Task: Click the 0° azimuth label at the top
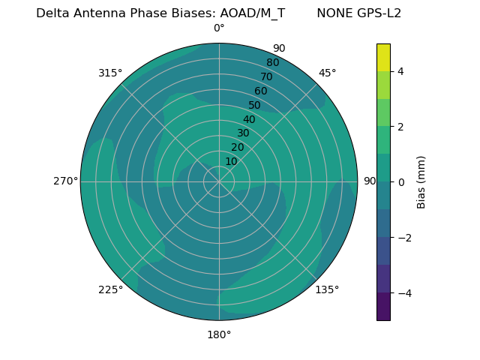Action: pos(219,28)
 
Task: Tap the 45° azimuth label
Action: pos(327,73)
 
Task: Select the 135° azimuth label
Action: pos(327,289)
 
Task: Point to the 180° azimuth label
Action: pos(219,334)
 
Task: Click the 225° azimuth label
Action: pos(110,289)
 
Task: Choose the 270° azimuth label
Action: pos(65,181)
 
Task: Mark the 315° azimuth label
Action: pos(110,73)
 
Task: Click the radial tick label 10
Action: pos(231,161)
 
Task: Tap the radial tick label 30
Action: pos(243,133)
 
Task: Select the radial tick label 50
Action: pos(255,106)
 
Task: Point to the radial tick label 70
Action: pos(266,76)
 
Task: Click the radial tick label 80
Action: pos(272,63)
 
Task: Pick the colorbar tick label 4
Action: pos(400,71)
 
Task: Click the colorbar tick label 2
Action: pos(400,127)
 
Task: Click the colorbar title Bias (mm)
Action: pos(421,182)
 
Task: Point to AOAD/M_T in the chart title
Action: pos(252,13)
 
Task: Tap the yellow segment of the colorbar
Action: pos(383,57)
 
